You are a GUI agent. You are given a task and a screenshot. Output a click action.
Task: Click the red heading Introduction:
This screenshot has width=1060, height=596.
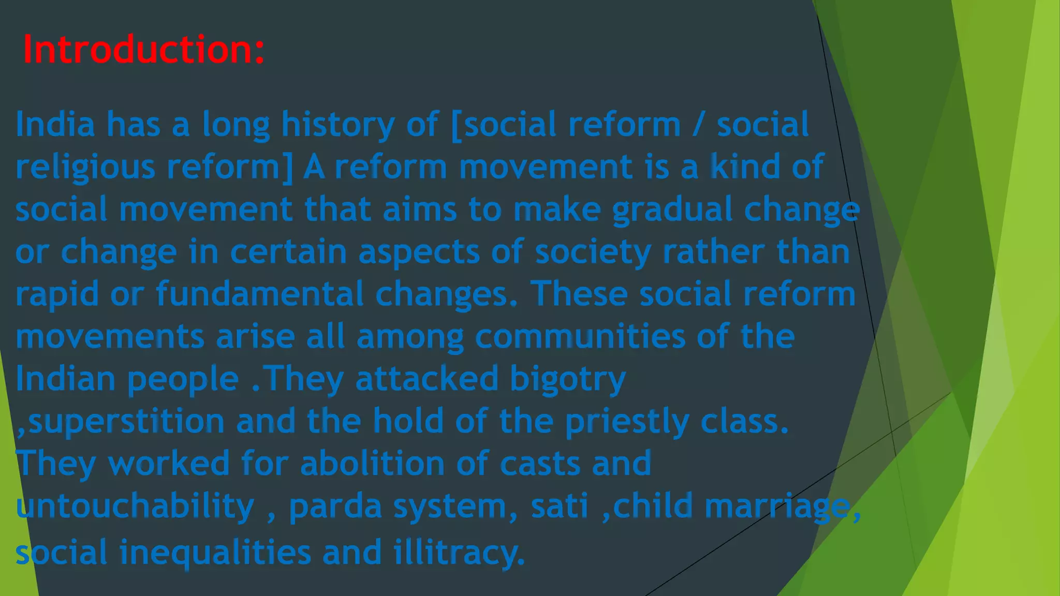click(144, 49)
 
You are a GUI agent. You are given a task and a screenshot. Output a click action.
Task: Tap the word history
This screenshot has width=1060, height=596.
click(338, 125)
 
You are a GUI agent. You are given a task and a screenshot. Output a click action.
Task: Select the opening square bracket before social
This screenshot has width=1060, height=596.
click(457, 125)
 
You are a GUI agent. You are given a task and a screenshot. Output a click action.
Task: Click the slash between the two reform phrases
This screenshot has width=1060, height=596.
click(699, 125)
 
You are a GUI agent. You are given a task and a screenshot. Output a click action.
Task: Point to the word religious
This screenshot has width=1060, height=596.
click(85, 168)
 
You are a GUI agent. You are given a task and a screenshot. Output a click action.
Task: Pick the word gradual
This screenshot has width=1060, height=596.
click(672, 210)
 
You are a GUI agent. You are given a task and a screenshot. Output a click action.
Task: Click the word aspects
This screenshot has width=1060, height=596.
click(419, 252)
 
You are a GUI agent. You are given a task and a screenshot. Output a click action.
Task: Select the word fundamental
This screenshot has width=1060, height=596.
click(259, 294)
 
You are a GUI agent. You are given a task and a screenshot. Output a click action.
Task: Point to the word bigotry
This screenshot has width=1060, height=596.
click(568, 379)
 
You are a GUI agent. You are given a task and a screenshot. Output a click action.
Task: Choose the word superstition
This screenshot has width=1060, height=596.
click(126, 422)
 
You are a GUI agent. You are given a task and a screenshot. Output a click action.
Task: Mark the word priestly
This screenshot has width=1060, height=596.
click(627, 422)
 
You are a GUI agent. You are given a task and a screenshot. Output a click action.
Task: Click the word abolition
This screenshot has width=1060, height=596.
click(372, 463)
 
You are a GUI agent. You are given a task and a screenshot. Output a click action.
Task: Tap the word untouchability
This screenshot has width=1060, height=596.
click(135, 506)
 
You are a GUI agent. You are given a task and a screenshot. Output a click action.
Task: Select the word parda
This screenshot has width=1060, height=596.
click(335, 506)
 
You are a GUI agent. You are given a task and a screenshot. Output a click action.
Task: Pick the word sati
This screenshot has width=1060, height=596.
click(560, 506)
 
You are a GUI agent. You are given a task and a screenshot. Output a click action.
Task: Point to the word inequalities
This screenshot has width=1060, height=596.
click(215, 553)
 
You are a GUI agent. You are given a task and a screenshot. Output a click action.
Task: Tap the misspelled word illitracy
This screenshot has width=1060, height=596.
click(459, 553)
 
